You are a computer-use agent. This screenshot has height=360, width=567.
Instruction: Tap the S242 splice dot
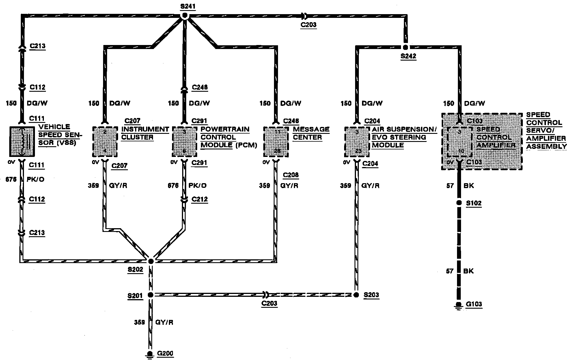(x=405, y=47)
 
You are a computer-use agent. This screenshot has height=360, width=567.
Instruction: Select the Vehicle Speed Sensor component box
(x=22, y=141)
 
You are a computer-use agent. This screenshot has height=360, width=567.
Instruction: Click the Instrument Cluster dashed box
(x=105, y=141)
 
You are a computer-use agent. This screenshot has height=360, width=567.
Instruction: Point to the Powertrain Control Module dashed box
(x=184, y=141)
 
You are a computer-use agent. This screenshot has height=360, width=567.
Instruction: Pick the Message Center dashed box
(x=276, y=141)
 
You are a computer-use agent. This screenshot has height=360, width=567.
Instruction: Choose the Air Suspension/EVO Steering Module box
(x=357, y=141)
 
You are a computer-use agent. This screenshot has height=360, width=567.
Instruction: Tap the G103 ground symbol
(x=458, y=305)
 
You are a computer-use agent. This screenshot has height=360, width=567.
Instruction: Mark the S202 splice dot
(x=151, y=261)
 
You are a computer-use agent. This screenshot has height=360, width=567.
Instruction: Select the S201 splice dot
(x=150, y=295)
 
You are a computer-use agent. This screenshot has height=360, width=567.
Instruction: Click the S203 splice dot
(x=356, y=295)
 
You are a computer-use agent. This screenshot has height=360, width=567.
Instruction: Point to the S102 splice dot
(x=459, y=203)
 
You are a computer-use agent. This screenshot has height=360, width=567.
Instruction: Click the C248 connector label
(x=200, y=87)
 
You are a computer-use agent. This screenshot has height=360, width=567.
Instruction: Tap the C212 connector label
(x=200, y=199)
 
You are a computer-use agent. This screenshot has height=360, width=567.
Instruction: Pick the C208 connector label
(x=291, y=175)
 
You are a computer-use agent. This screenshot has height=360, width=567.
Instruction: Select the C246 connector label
(x=291, y=121)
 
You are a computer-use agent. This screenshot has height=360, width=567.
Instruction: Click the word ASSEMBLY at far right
(x=547, y=147)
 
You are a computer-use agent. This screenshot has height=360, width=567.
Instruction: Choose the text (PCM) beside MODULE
(x=246, y=145)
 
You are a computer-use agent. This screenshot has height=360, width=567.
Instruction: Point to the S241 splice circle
(x=185, y=16)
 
